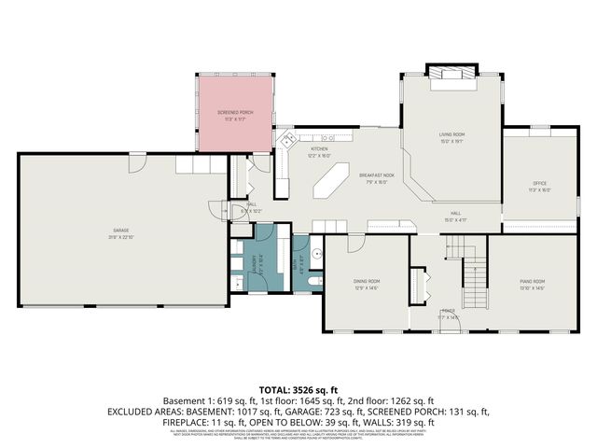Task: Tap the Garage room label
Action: click(120, 229)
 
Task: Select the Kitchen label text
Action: click(320, 149)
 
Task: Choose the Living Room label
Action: click(451, 135)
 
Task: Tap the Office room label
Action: click(539, 183)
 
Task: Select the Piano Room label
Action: click(532, 281)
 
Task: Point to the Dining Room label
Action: click(366, 281)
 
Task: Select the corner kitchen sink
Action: click(291, 141)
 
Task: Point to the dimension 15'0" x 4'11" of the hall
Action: click(456, 220)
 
